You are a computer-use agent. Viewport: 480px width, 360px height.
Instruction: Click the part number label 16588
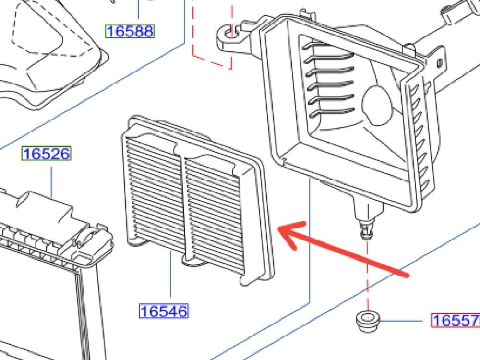point(130,31)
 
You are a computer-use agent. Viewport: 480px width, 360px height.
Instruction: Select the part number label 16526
point(46,154)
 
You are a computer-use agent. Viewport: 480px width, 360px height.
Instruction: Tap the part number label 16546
point(164,311)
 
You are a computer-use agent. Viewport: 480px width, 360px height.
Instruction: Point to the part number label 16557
point(455,321)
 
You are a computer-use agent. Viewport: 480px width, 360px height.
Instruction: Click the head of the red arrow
point(278,228)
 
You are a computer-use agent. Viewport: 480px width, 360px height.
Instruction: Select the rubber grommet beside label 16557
point(368,321)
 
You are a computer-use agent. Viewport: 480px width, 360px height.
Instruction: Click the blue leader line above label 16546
point(170,274)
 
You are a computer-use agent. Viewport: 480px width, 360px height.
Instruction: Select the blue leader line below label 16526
point(51,182)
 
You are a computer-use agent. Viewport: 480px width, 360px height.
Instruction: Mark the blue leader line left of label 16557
point(401,321)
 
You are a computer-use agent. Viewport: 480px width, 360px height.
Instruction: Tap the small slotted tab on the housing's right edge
point(440,63)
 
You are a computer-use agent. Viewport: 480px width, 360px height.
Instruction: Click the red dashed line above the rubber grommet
point(367,276)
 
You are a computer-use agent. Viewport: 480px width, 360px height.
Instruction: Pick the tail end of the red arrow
point(408,275)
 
